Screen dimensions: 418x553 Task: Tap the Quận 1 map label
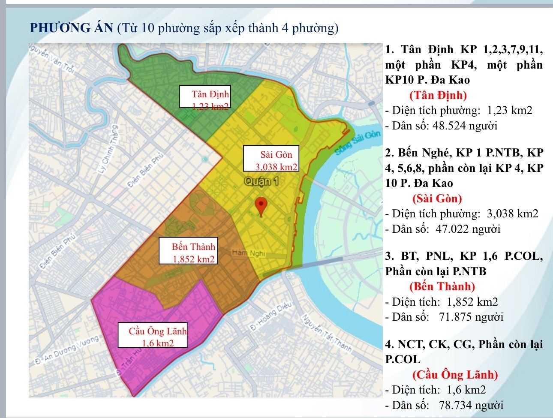[261, 181]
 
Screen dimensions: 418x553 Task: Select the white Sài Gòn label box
[270, 159]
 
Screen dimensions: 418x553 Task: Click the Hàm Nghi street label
[249, 253]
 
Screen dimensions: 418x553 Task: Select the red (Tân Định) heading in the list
[438, 95]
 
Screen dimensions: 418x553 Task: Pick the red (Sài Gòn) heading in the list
[437, 198]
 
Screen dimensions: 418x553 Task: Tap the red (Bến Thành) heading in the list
[442, 286]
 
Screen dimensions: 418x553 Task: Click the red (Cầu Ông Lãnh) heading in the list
[455, 375]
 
